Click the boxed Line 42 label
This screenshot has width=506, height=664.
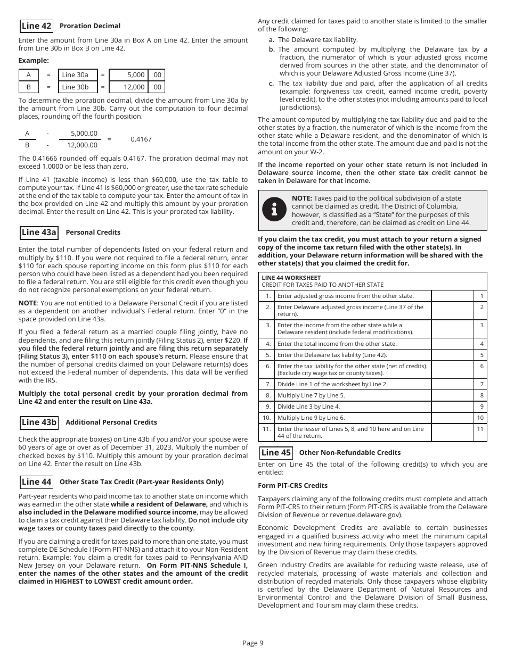[x=36, y=26]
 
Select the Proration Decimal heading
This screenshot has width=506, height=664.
[x=89, y=26]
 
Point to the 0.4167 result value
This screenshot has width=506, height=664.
[x=141, y=139]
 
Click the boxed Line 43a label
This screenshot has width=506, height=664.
[x=39, y=233]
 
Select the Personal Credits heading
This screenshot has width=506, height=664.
[x=93, y=233]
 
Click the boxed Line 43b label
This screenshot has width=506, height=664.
[x=39, y=422]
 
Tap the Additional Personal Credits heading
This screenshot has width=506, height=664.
[x=111, y=422]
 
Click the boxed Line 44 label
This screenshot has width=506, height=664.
[x=36, y=482]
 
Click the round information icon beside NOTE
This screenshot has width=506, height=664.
[x=274, y=210]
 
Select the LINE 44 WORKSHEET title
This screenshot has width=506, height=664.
[x=291, y=278]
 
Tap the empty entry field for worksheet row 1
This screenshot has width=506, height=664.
[x=452, y=296]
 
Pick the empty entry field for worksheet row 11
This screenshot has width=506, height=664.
[x=452, y=432]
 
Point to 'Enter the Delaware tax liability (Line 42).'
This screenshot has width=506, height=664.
[x=332, y=355]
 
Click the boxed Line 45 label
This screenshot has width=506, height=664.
[x=276, y=453]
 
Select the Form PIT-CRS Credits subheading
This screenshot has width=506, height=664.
[x=292, y=486]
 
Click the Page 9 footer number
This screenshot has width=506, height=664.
[x=253, y=643]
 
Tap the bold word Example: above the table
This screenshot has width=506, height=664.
[x=34, y=61]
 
